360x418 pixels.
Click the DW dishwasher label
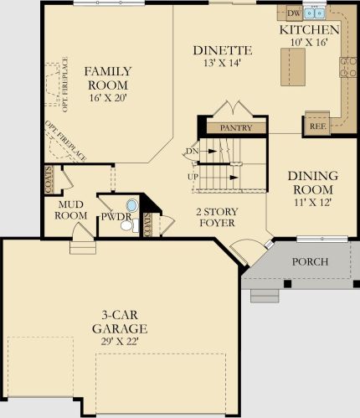[294, 13]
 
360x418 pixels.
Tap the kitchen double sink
[315, 13]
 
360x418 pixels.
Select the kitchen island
[293, 67]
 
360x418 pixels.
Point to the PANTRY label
[236, 127]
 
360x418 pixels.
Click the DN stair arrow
[213, 151]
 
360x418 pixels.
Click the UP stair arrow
[234, 178]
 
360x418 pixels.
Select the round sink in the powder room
[131, 205]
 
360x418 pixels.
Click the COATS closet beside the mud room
[49, 179]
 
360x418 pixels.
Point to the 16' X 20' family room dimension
[108, 98]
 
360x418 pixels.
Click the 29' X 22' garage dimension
[120, 342]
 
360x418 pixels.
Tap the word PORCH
[310, 261]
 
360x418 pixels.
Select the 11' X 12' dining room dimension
[313, 202]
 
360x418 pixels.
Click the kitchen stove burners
[348, 67]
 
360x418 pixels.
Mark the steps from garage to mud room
[83, 247]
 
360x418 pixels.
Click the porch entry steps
[265, 296]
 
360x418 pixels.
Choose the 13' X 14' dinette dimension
[222, 63]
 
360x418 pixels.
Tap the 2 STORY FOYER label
[217, 217]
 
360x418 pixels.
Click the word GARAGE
[120, 328]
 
